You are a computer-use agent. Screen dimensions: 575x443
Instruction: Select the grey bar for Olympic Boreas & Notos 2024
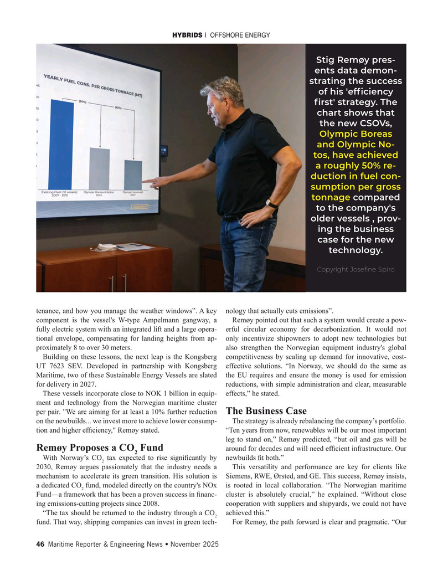click(100, 168)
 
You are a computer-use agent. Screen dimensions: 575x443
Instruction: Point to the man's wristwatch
click(271, 204)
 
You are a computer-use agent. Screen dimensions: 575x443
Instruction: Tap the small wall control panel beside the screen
click(164, 150)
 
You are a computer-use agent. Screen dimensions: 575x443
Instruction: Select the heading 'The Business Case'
click(266, 411)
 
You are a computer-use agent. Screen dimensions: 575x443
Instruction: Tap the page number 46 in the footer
click(40, 545)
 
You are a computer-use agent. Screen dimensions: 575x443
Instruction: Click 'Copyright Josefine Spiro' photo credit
click(356, 269)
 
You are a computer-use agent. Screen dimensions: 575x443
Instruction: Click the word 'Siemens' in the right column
click(242, 475)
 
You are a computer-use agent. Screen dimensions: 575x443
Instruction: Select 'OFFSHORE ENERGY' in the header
click(240, 35)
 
